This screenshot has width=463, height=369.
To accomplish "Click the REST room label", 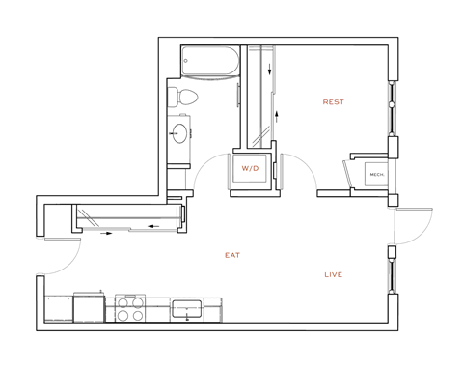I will [x=334, y=101].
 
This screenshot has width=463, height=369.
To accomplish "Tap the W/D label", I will [x=250, y=169].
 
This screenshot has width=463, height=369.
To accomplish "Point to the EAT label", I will [x=231, y=255].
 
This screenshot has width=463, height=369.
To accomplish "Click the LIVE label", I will [x=334, y=275].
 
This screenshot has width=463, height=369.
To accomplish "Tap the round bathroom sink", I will [x=181, y=133].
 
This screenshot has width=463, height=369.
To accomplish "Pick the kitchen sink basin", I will [x=186, y=311].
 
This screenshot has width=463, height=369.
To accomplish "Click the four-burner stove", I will [x=130, y=309].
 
